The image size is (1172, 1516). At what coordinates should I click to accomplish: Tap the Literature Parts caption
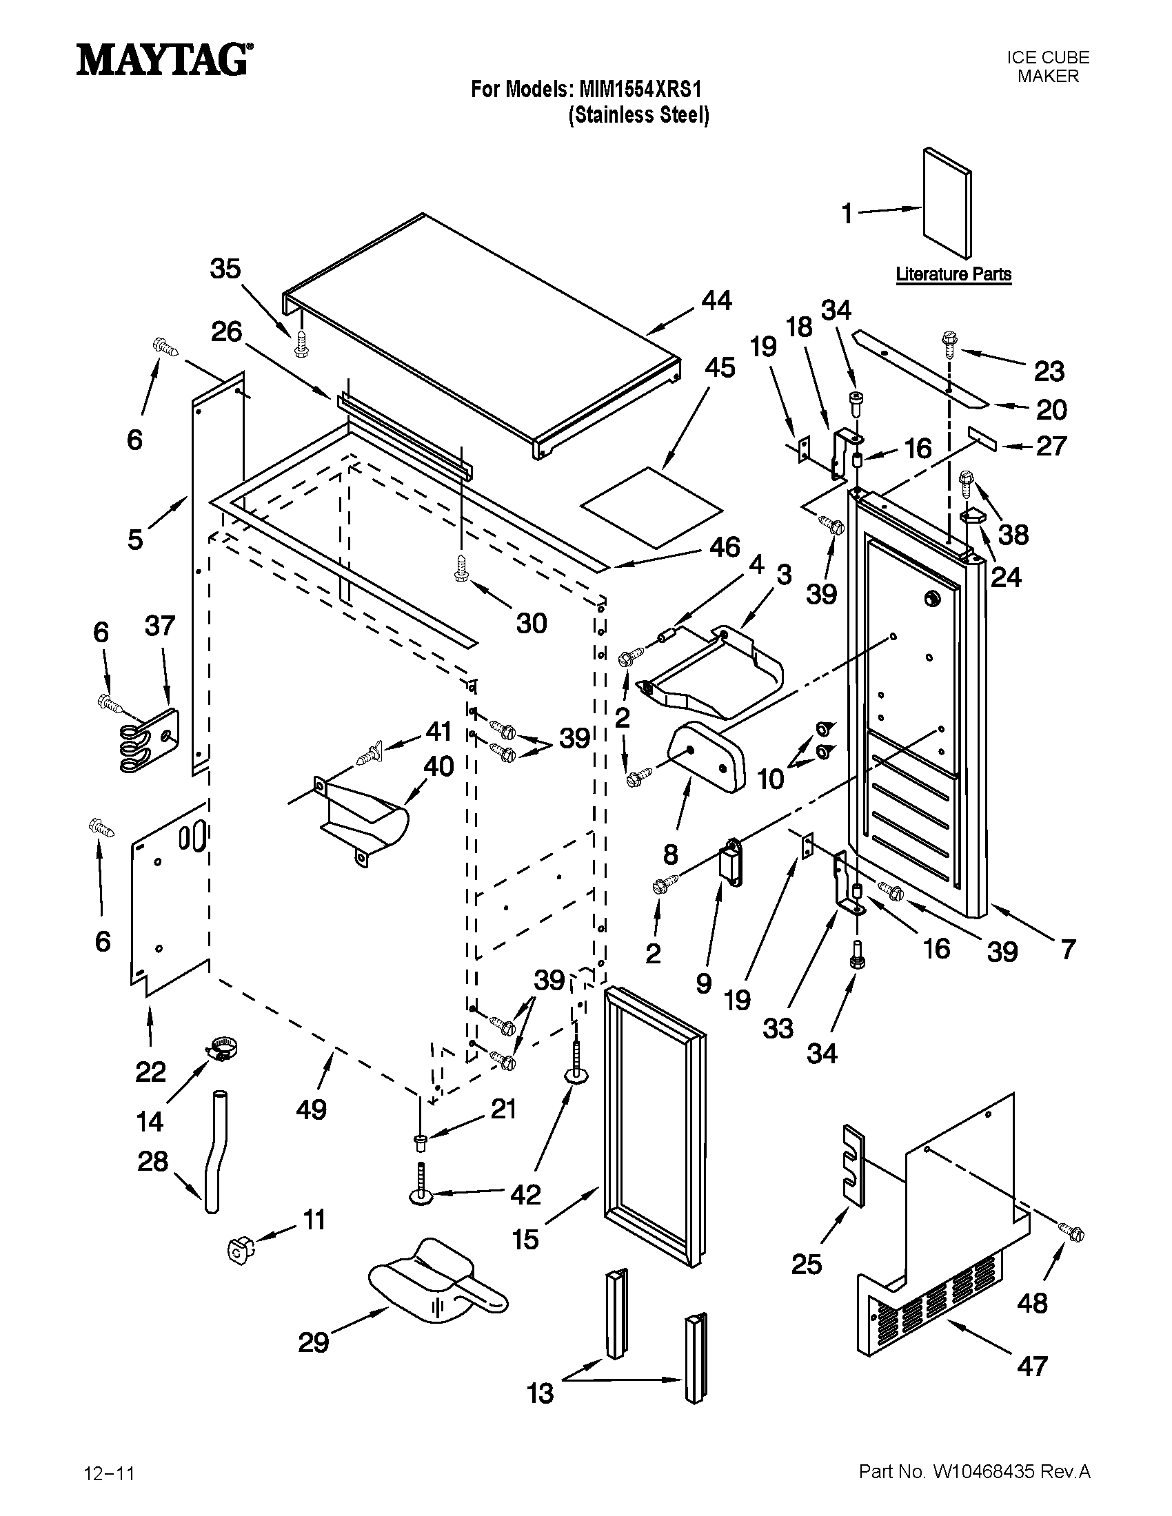(953, 274)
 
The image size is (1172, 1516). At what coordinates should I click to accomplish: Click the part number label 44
(716, 300)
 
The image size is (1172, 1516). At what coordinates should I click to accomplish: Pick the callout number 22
(151, 1072)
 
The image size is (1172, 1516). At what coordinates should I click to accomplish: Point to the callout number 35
(225, 269)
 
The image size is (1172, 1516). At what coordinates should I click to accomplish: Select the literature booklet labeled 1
(947, 203)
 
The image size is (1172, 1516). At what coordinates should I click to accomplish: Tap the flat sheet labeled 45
(651, 505)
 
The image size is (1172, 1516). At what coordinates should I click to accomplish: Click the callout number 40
(438, 766)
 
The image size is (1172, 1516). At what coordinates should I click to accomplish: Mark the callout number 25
(806, 1264)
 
